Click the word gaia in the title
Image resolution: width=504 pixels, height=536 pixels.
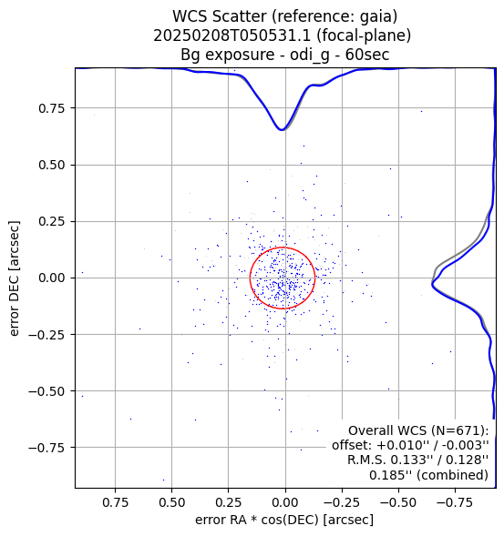pyautogui.click(x=380, y=16)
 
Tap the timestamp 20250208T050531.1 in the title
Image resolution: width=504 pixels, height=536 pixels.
pyautogui.click(x=231, y=35)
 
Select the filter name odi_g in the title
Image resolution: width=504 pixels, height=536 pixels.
pyautogui.click(x=310, y=55)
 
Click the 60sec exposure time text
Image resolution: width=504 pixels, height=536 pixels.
pyautogui.click(x=367, y=55)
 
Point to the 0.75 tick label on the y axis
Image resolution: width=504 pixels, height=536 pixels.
pyautogui.click(x=51, y=108)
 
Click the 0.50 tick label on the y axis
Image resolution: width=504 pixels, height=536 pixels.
pyautogui.click(x=51, y=165)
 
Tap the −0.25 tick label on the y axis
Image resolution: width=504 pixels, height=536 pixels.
pyautogui.click(x=46, y=335)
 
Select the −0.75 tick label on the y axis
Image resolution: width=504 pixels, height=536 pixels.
pyautogui.click(x=46, y=448)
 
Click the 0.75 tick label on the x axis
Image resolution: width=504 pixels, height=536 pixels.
pyautogui.click(x=115, y=502)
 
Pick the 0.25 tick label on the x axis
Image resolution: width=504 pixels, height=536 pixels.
pyautogui.click(x=229, y=502)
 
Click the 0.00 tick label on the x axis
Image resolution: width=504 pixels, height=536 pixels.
pyautogui.click(x=285, y=502)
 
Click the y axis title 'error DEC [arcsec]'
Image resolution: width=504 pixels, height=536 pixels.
pyautogui.click(x=14, y=278)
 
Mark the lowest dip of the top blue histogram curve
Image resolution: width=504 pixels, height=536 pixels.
pyautogui.click(x=282, y=130)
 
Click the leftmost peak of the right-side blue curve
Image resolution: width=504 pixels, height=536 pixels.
pyautogui.click(x=432, y=283)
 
